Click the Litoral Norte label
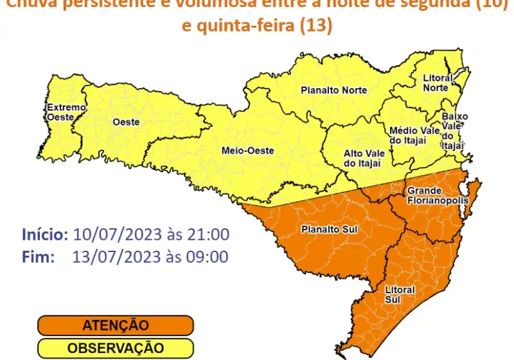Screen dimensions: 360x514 (x=438, y=83)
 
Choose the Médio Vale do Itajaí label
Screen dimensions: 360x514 (x=414, y=136)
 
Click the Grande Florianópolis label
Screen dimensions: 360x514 (x=431, y=195)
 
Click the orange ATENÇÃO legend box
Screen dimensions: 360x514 (x=115, y=326)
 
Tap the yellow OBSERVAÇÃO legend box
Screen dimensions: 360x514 (x=115, y=348)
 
